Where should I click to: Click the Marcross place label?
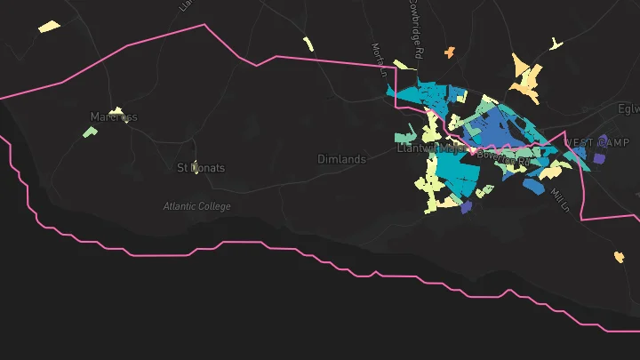coord(114,116)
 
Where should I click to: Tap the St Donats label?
coord(201,167)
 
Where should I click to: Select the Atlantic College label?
coord(196,206)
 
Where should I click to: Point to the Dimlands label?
coord(341,159)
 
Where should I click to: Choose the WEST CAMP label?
coord(596,142)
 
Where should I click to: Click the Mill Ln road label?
coord(558,200)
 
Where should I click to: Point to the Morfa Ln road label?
coord(378,58)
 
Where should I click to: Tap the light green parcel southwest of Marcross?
coord(90,132)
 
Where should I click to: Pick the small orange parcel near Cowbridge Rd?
coord(450,52)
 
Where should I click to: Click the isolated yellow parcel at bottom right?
coord(619,258)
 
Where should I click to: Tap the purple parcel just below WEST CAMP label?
coord(598,158)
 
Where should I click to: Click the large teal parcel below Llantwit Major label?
coord(455,172)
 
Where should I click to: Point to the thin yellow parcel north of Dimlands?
coord(308,44)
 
